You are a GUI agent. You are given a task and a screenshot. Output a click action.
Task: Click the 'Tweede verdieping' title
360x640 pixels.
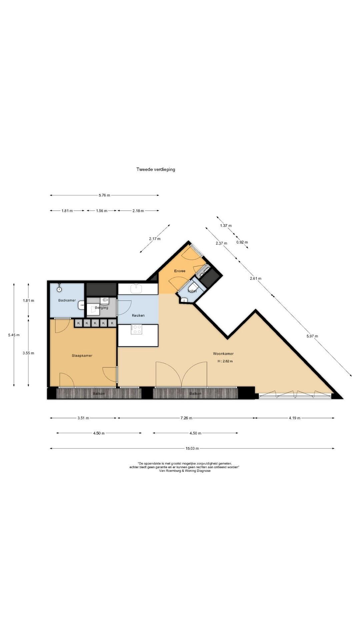coord(156,169)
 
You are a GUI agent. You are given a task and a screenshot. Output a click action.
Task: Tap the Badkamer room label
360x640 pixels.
coord(67,300)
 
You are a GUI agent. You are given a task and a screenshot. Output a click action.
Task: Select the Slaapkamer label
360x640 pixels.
coord(82,356)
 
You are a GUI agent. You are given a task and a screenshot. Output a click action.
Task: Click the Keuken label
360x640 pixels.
coord(138,315)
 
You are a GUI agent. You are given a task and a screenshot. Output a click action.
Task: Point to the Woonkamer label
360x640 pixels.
coord(223,354)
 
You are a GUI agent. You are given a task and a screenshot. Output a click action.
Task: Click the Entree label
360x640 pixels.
coord(180,271)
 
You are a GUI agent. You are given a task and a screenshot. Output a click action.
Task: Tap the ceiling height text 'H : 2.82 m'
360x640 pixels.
coord(225,361)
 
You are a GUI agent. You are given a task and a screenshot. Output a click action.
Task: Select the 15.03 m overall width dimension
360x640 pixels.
coord(192,448)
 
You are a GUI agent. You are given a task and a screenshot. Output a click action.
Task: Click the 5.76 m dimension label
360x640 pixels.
coord(104,195)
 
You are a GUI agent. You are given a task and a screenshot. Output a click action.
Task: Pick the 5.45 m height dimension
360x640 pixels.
coord(14,335)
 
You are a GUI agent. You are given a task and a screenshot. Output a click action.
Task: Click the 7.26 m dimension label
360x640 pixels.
coord(186,418)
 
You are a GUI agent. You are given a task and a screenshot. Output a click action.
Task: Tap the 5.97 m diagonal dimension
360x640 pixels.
coord(312,336)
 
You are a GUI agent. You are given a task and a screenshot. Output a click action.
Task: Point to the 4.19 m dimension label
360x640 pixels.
coord(294,418)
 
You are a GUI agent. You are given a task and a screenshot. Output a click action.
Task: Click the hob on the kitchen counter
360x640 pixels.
coord(136,329)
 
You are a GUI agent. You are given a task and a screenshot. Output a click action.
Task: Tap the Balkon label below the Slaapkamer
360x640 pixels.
coord(99,394)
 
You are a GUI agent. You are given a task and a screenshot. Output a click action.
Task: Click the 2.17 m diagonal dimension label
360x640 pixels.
coord(155,239)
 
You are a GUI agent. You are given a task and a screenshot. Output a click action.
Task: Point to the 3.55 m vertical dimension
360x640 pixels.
coord(28,353)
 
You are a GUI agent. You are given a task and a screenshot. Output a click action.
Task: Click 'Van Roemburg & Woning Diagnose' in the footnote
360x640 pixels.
coord(185,471)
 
